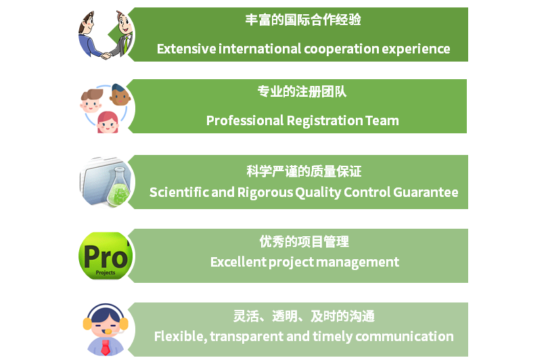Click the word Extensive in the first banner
[x=186, y=49]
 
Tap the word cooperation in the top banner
[x=342, y=49]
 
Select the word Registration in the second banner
[x=325, y=121]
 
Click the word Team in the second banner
[x=382, y=120]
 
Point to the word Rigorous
[x=265, y=193]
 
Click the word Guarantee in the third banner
[x=426, y=192]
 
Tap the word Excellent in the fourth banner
[x=238, y=262]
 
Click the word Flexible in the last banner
[x=181, y=336]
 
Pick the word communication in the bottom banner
[x=405, y=336]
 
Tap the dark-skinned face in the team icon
[x=120, y=95]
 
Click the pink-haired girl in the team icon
[x=108, y=122]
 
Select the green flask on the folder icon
[x=118, y=187]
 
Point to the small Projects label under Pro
[x=105, y=273]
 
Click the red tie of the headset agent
[x=105, y=347]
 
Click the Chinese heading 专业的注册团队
[x=302, y=91]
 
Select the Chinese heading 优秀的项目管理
[x=304, y=242]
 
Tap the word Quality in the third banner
[x=318, y=193]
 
